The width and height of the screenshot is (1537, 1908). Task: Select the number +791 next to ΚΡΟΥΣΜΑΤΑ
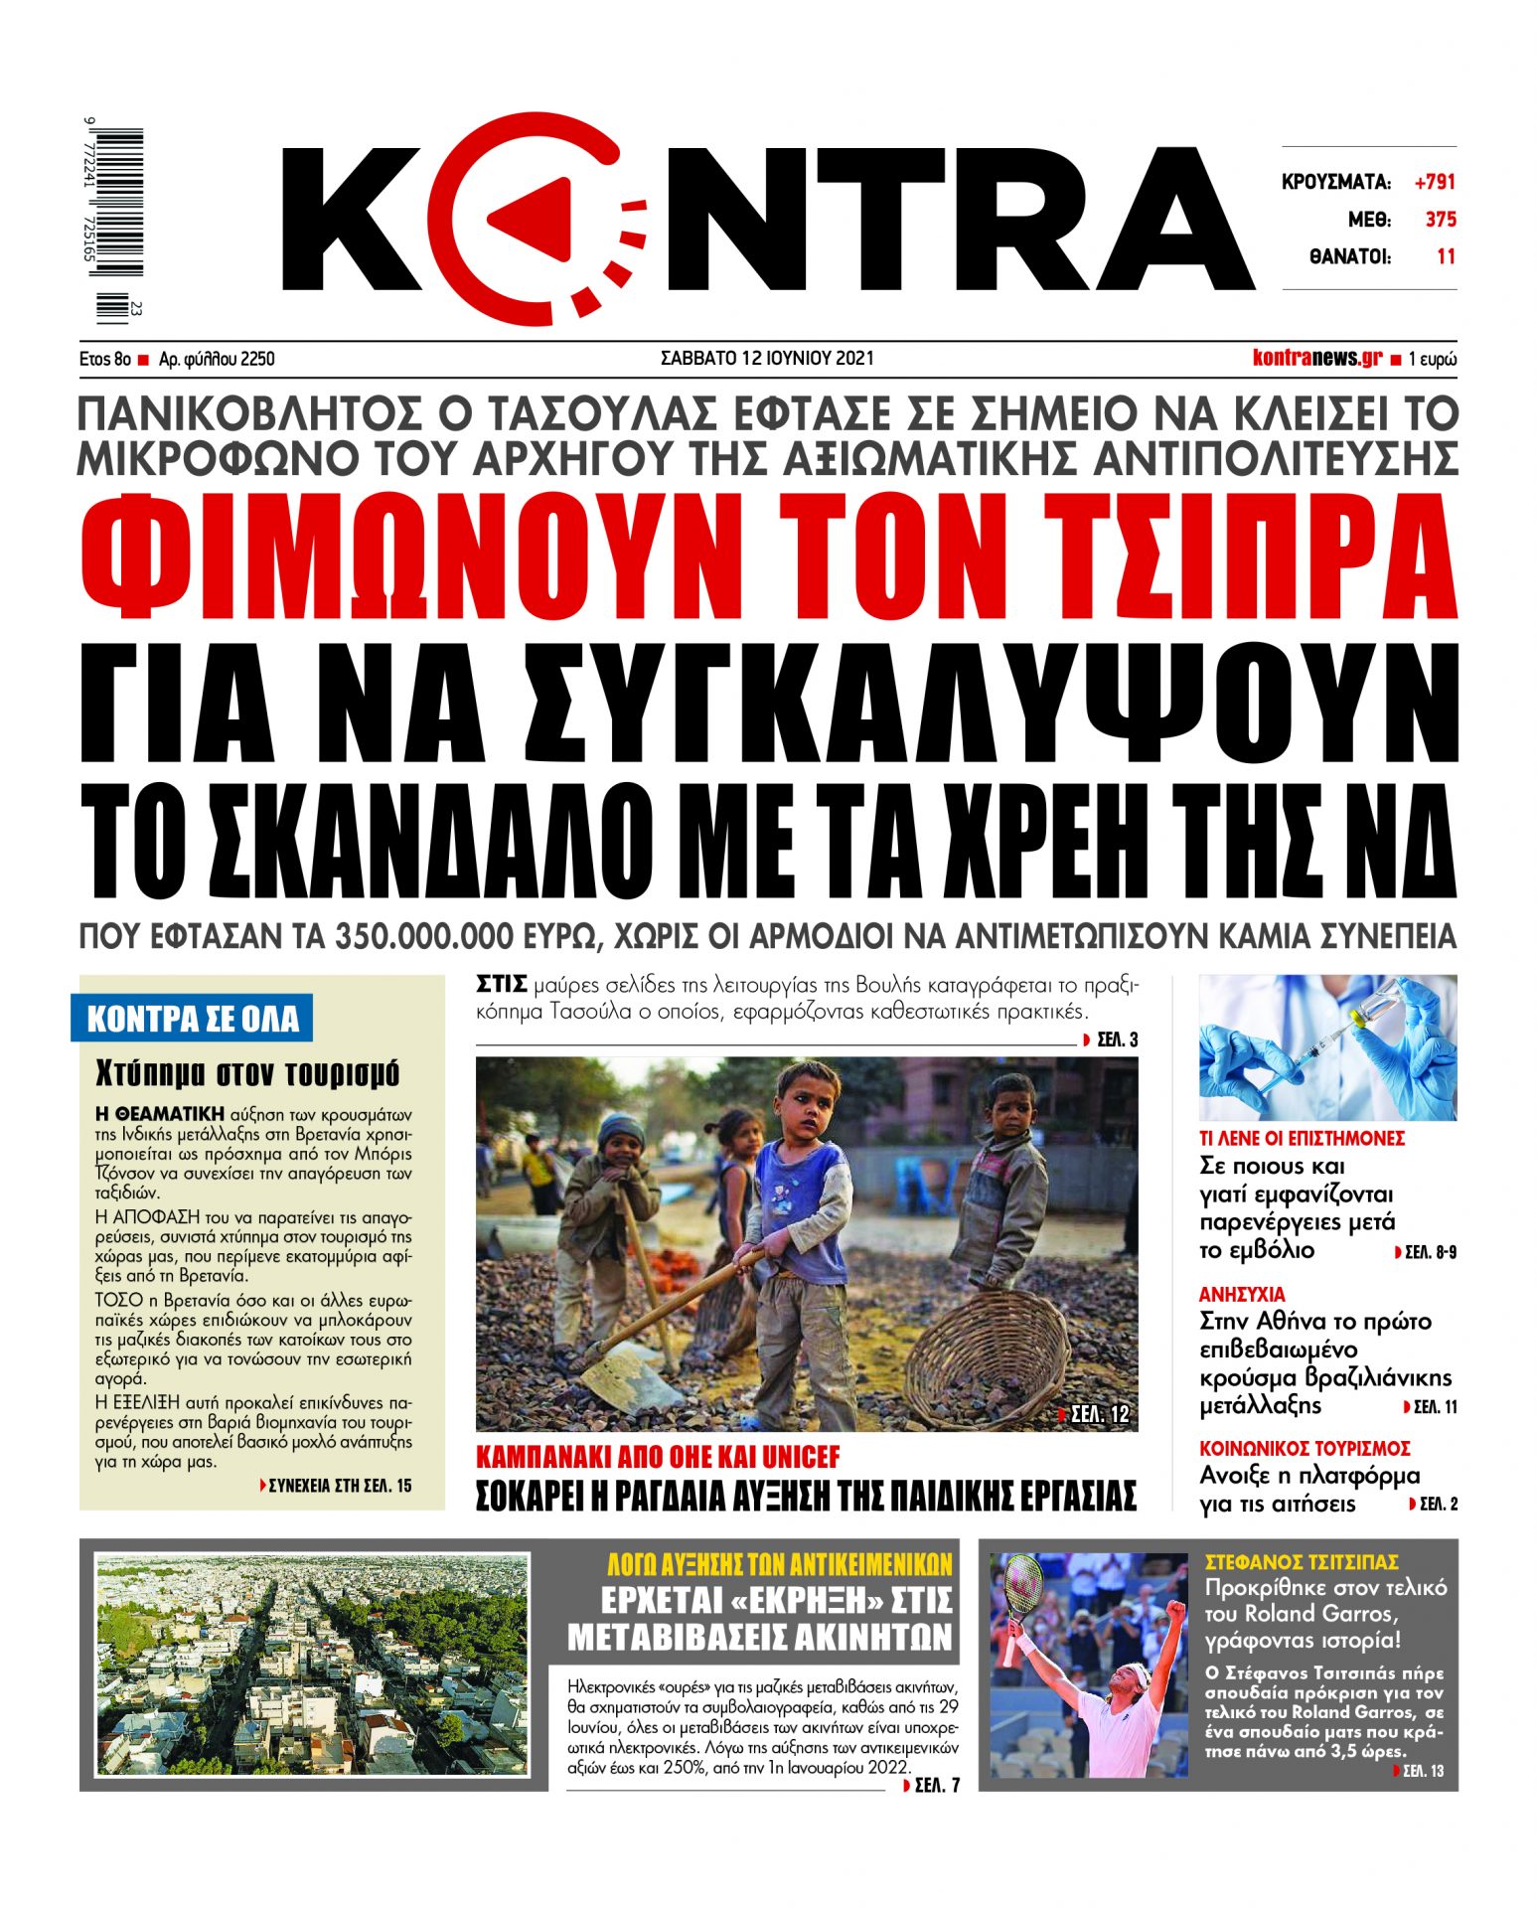pyautogui.click(x=1435, y=182)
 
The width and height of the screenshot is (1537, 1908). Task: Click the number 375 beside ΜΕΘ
pyautogui.click(x=1440, y=220)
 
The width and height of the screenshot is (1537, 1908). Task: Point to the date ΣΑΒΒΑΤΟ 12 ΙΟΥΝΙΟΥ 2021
pyautogui.click(x=767, y=358)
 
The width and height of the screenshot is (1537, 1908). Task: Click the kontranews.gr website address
pyautogui.click(x=1316, y=358)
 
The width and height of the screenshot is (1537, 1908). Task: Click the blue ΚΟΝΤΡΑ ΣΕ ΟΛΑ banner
pyautogui.click(x=192, y=1019)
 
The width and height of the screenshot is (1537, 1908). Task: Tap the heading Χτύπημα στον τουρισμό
pyautogui.click(x=247, y=1073)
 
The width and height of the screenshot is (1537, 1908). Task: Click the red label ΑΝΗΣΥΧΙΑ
pyautogui.click(x=1241, y=1294)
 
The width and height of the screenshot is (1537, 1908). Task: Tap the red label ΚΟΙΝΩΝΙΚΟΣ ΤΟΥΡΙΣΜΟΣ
pyautogui.click(x=1305, y=1448)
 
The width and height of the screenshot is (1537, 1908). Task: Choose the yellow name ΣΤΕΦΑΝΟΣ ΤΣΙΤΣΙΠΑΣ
pyautogui.click(x=1302, y=1561)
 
